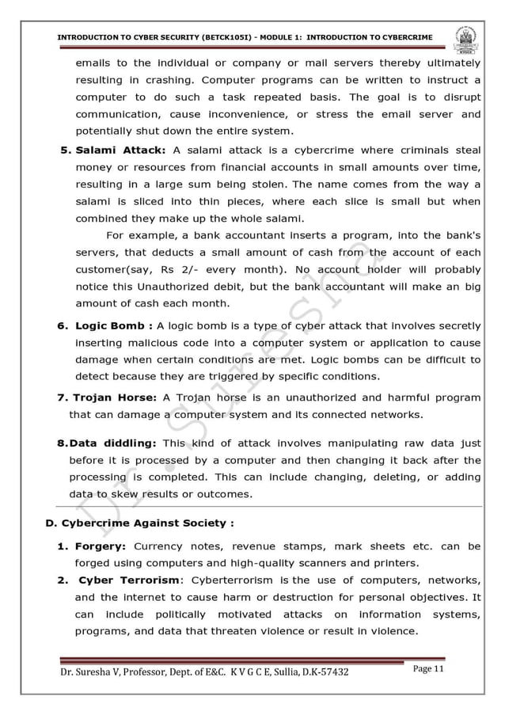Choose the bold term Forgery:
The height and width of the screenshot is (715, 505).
(x=101, y=546)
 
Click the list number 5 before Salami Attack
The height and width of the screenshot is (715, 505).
(x=66, y=150)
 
